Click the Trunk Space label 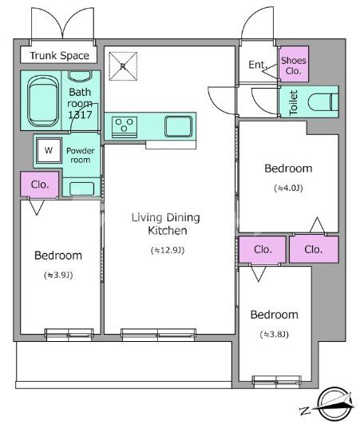pyautogui.click(x=59, y=56)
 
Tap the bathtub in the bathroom pyautogui.click(x=43, y=101)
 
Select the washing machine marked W pyautogui.click(x=49, y=150)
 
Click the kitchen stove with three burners pyautogui.click(x=125, y=127)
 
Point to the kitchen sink pyautogui.click(x=179, y=126)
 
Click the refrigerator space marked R pyautogui.click(x=123, y=66)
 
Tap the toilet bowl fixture pyautogui.click(x=323, y=102)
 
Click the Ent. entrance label pyautogui.click(x=258, y=65)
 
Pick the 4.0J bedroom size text pyautogui.click(x=288, y=188)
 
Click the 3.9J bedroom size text pyautogui.click(x=58, y=275)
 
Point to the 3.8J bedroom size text pyautogui.click(x=274, y=334)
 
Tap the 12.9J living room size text pyautogui.click(x=168, y=250)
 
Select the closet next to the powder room pyautogui.click(x=40, y=184)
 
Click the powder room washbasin pyautogui.click(x=81, y=189)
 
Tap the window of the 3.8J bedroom pyautogui.click(x=276, y=380)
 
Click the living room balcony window pyautogui.click(x=158, y=334)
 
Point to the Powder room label pyautogui.click(x=81, y=155)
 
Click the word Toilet pyautogui.click(x=294, y=102)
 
